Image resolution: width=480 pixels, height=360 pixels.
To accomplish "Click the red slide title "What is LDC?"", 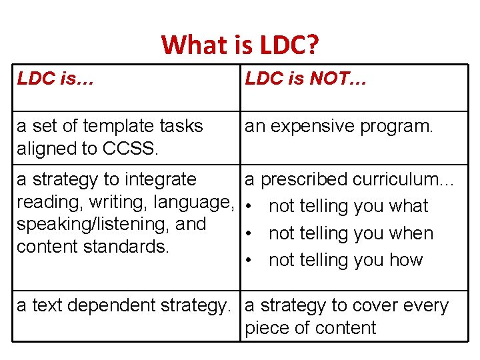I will coord(240,45).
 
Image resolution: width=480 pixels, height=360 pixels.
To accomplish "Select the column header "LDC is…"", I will coord(55,79).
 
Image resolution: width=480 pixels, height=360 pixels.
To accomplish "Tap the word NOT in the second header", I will coord(327,79).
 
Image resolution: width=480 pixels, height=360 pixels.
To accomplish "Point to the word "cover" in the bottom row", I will coord(383,306).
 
